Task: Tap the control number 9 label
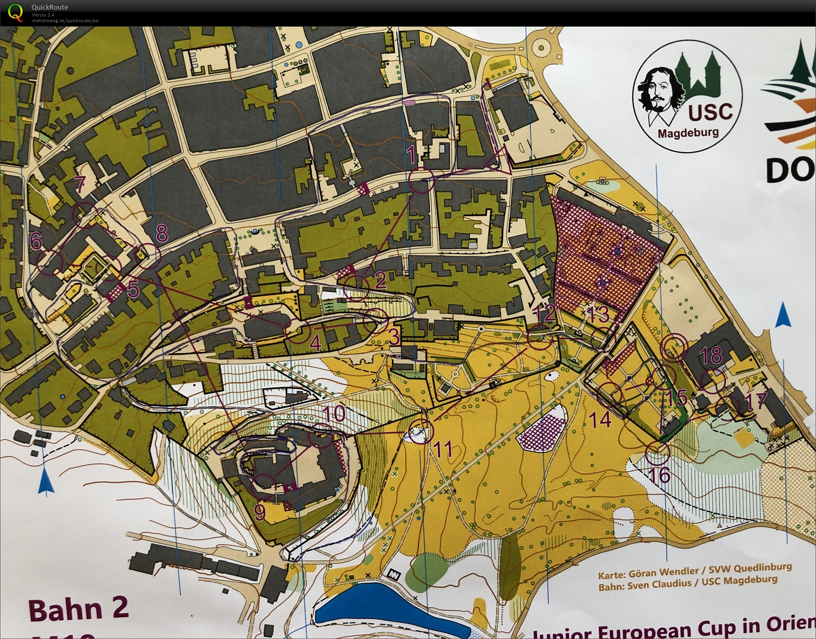[x=260, y=512]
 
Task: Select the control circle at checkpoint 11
[x=421, y=431]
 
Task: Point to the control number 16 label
[x=660, y=475]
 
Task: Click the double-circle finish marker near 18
[x=674, y=346]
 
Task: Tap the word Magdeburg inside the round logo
[x=688, y=133]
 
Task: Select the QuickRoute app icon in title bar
[x=15, y=12]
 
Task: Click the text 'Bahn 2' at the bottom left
[x=79, y=610]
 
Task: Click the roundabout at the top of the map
[x=541, y=48]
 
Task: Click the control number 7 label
[x=80, y=184]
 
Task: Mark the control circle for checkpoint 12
[x=540, y=338]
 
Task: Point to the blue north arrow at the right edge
[x=783, y=315]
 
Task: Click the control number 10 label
[x=334, y=414]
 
